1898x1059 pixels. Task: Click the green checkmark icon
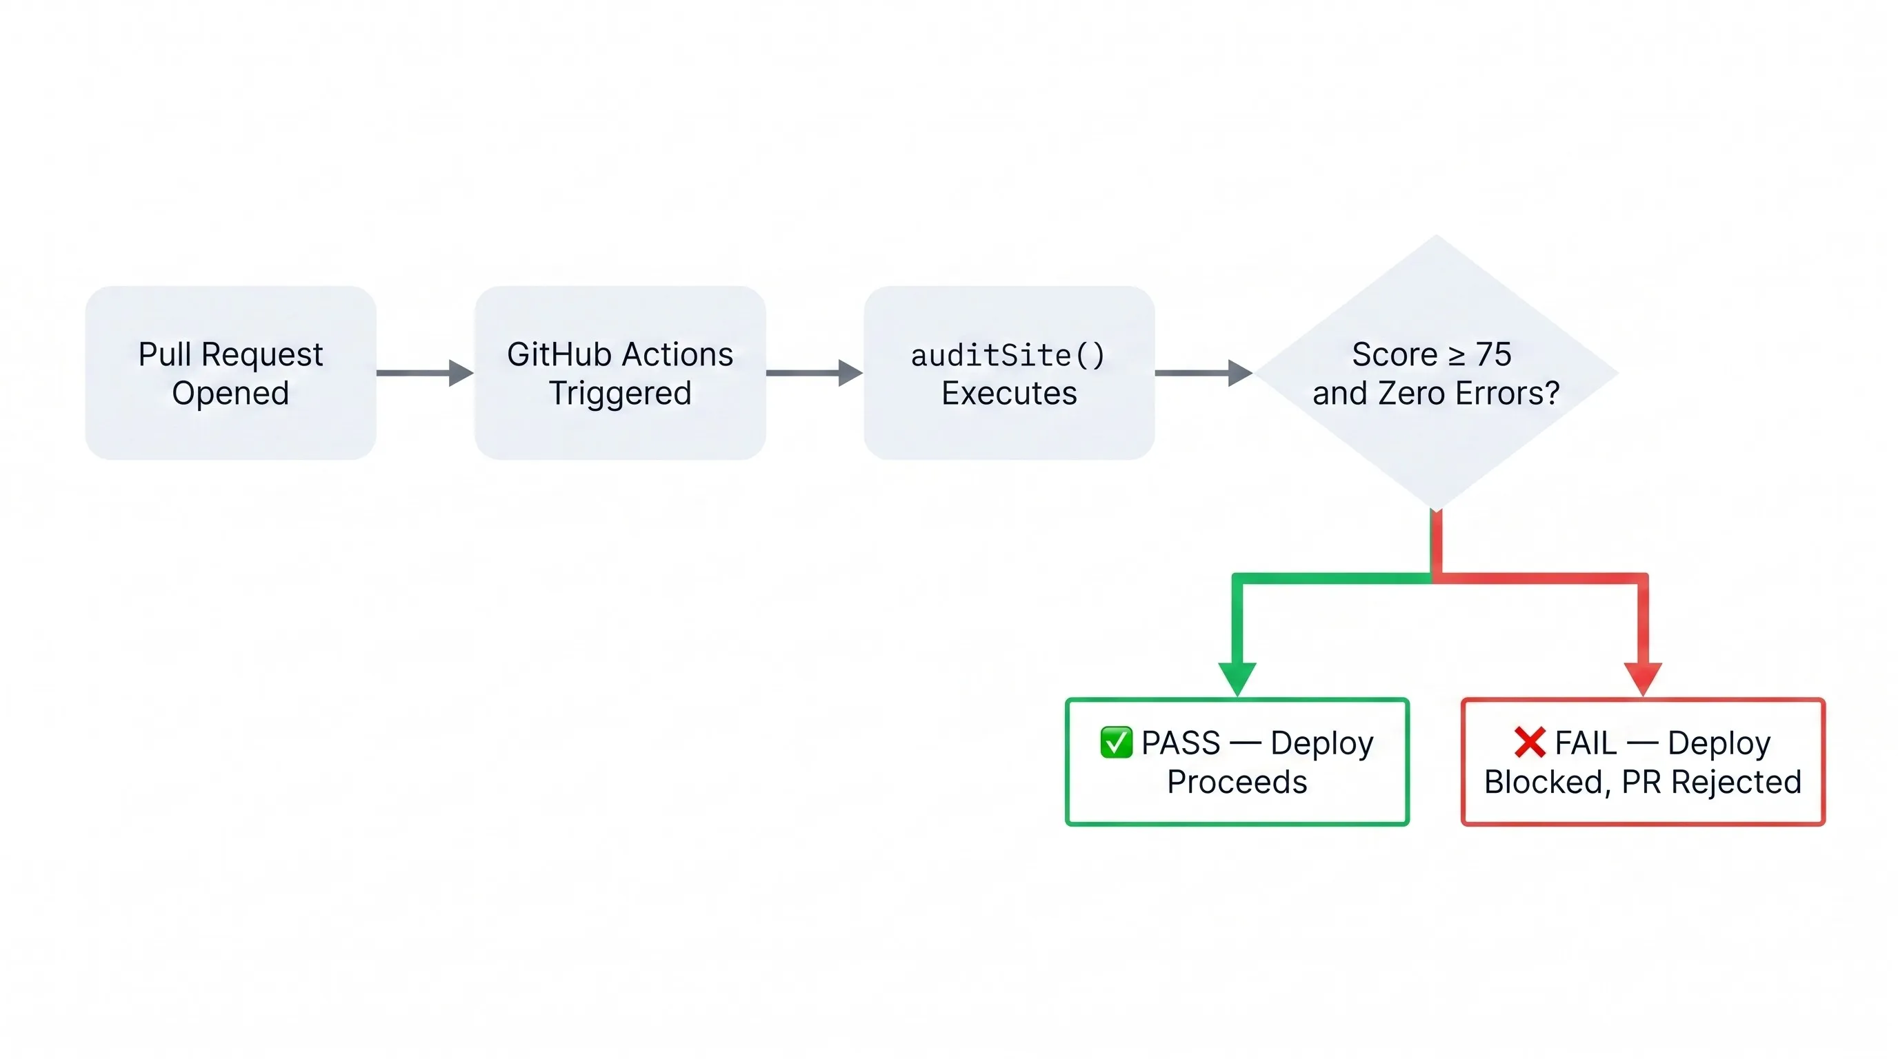point(1115,743)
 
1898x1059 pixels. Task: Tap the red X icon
point(1530,743)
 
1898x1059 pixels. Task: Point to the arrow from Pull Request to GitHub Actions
point(423,372)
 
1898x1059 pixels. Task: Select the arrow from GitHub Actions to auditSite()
point(813,372)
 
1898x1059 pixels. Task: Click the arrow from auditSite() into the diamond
point(1203,372)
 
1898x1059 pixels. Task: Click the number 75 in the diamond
point(1493,355)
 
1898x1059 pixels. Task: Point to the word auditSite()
point(1008,356)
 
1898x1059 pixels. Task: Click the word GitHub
point(559,355)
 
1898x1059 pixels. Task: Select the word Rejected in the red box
point(1736,782)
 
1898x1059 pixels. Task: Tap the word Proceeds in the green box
point(1237,782)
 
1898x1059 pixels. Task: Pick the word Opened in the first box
point(230,393)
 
